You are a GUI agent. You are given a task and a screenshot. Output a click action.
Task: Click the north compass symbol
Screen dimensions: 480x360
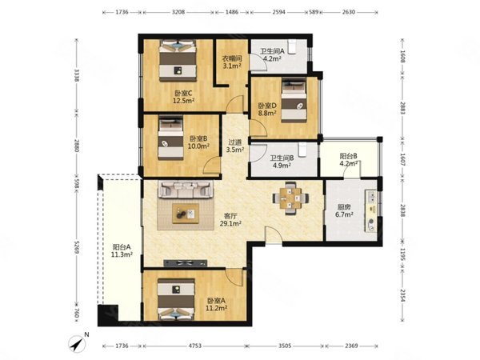click(x=77, y=344)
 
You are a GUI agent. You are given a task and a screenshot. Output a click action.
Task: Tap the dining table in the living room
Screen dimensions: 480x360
click(x=290, y=198)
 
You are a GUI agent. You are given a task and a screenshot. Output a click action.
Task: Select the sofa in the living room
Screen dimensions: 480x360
click(x=186, y=190)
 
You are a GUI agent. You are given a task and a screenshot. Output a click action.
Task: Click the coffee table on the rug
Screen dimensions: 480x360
click(x=186, y=214)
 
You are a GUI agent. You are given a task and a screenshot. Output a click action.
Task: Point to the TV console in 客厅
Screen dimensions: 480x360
click(x=186, y=262)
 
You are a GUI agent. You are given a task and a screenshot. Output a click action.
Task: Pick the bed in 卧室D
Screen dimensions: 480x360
click(x=294, y=101)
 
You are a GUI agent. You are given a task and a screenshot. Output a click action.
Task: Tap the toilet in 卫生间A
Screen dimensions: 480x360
click(x=292, y=46)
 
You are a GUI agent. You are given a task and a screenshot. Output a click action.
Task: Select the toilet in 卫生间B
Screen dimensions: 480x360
click(x=302, y=150)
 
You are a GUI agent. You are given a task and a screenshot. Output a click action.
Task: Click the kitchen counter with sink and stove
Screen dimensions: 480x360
click(x=370, y=210)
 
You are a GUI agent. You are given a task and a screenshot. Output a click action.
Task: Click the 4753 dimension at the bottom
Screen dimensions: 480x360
click(x=194, y=346)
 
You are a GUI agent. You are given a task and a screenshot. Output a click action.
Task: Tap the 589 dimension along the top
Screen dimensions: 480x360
click(x=314, y=12)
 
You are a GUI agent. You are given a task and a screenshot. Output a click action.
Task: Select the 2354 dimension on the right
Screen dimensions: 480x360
click(x=402, y=296)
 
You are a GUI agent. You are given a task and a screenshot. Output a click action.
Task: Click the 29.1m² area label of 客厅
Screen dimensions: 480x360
click(x=230, y=224)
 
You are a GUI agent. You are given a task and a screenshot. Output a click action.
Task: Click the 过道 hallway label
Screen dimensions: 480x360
click(x=235, y=142)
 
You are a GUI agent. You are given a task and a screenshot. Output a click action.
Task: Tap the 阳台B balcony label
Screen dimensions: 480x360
click(x=348, y=156)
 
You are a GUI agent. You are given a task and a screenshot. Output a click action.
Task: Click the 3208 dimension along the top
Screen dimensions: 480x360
click(x=178, y=12)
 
